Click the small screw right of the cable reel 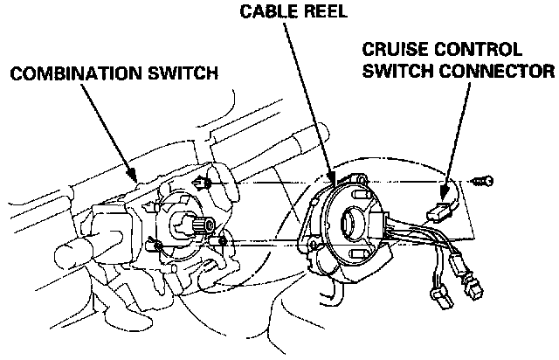point(481,182)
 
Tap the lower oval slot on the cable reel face point(355,253)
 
